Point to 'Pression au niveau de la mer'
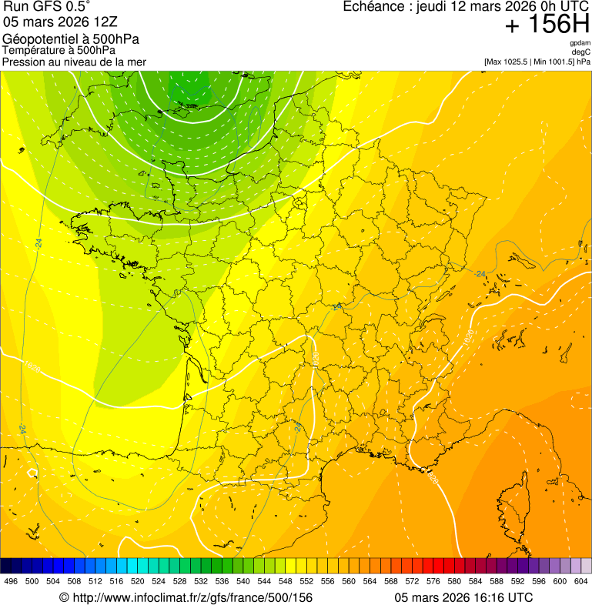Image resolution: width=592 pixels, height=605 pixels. [x=74, y=62]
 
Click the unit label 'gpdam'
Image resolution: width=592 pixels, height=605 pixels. [x=580, y=43]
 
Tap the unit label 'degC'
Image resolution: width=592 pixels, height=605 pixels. [x=582, y=52]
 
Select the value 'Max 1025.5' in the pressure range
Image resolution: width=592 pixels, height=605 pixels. [x=509, y=62]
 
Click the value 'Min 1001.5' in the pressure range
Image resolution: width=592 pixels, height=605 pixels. [x=554, y=62]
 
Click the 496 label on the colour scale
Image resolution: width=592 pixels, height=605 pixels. [x=11, y=581]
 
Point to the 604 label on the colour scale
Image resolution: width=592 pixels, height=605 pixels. [x=581, y=581]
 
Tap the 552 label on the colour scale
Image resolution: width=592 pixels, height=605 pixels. [x=306, y=581]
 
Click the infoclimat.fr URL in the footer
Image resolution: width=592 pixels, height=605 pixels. [x=186, y=597]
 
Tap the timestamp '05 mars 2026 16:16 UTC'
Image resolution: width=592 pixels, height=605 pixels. [x=463, y=597]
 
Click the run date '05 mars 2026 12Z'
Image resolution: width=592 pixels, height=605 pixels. [x=61, y=22]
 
